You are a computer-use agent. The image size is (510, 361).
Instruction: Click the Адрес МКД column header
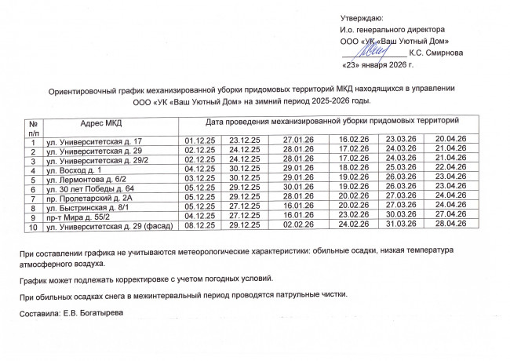(101, 122)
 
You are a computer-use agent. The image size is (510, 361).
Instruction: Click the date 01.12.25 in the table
(199, 140)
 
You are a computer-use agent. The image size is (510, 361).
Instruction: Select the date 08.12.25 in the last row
(199, 227)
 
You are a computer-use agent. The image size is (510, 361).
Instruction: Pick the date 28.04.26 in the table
(450, 227)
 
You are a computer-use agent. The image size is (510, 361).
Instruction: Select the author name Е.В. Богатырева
(97, 313)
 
